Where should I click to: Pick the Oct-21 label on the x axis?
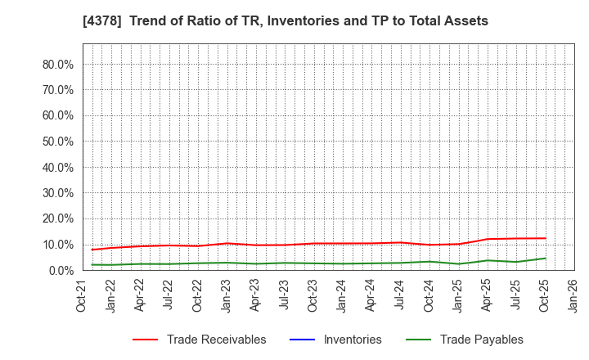(x=83, y=295)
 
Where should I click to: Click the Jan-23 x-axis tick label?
(x=227, y=295)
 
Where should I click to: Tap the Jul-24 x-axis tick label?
(x=400, y=295)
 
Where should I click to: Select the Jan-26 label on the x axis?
(x=573, y=295)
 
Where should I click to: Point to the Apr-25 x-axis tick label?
(x=487, y=295)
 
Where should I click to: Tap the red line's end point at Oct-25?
(x=545, y=238)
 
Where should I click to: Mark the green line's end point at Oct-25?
(x=545, y=259)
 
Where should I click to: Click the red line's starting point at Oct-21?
(x=92, y=250)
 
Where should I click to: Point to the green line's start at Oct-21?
(x=92, y=264)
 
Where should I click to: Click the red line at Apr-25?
(x=488, y=239)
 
